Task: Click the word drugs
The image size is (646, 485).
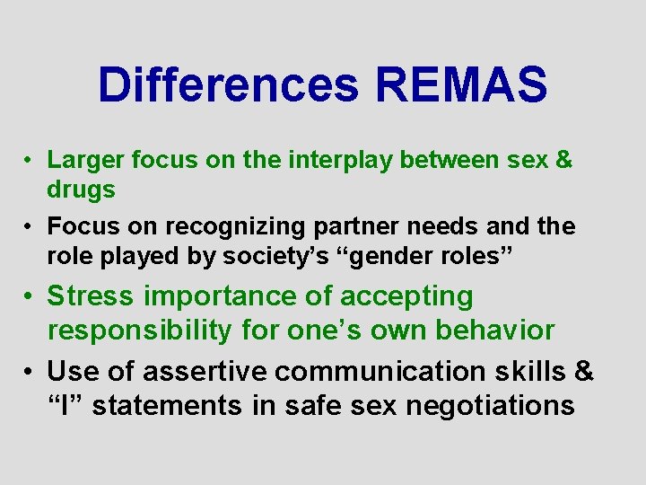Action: point(81,190)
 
